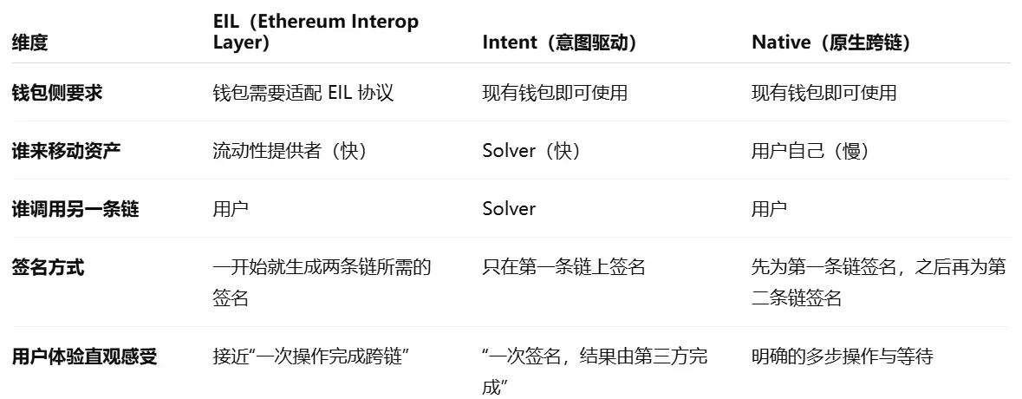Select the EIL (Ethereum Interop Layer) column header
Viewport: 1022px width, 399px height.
point(316,32)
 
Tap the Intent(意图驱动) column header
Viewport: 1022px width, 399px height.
point(559,43)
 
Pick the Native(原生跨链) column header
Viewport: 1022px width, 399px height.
point(830,43)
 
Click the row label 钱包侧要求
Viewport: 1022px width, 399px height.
point(56,93)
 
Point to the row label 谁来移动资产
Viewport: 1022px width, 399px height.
point(66,151)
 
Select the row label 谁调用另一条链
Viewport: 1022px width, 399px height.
point(75,209)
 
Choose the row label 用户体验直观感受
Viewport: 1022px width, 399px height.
point(84,356)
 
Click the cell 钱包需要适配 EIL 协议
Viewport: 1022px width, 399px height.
point(303,93)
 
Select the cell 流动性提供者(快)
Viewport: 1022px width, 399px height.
point(290,151)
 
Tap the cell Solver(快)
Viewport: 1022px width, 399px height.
point(531,151)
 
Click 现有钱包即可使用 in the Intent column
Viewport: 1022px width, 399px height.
point(555,93)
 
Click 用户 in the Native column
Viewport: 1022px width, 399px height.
point(769,209)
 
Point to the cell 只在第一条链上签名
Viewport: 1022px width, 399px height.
point(563,267)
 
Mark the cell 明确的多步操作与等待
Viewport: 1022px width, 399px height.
point(842,356)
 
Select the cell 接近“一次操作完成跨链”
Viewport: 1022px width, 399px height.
point(310,356)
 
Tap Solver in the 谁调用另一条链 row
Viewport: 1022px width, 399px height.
point(509,209)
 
